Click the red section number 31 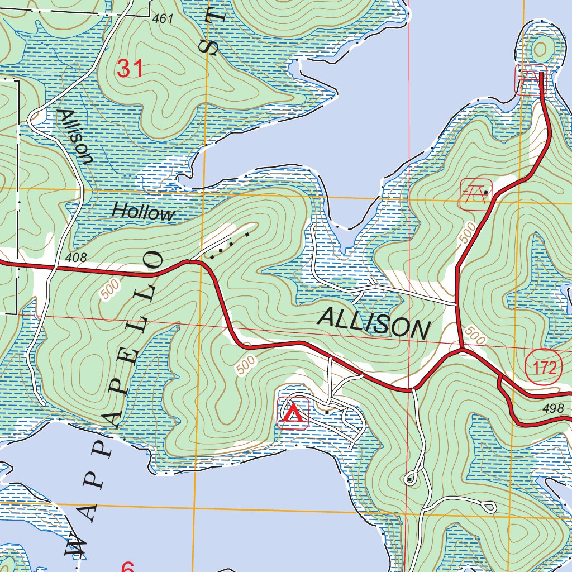click(130, 69)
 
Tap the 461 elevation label click(163, 19)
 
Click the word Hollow click(143, 212)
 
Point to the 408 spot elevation click(75, 258)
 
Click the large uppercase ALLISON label click(374, 323)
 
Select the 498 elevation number click(554, 408)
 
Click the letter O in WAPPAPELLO click(154, 261)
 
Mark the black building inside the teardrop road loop click(411, 479)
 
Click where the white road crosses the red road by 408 click(55, 268)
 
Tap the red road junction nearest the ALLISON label click(461, 350)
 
